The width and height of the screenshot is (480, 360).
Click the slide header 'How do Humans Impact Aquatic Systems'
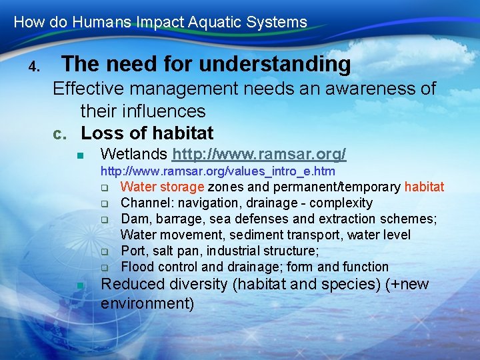(x=160, y=22)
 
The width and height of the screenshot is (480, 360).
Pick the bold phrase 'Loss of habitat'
(x=147, y=133)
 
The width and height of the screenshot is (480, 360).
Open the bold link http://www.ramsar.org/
(x=259, y=155)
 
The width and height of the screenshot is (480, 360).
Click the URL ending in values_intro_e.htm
(x=217, y=172)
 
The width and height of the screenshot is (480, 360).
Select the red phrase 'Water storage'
(x=162, y=187)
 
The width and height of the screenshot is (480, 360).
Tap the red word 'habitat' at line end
(x=424, y=187)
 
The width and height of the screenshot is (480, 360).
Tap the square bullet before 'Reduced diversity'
(x=79, y=285)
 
